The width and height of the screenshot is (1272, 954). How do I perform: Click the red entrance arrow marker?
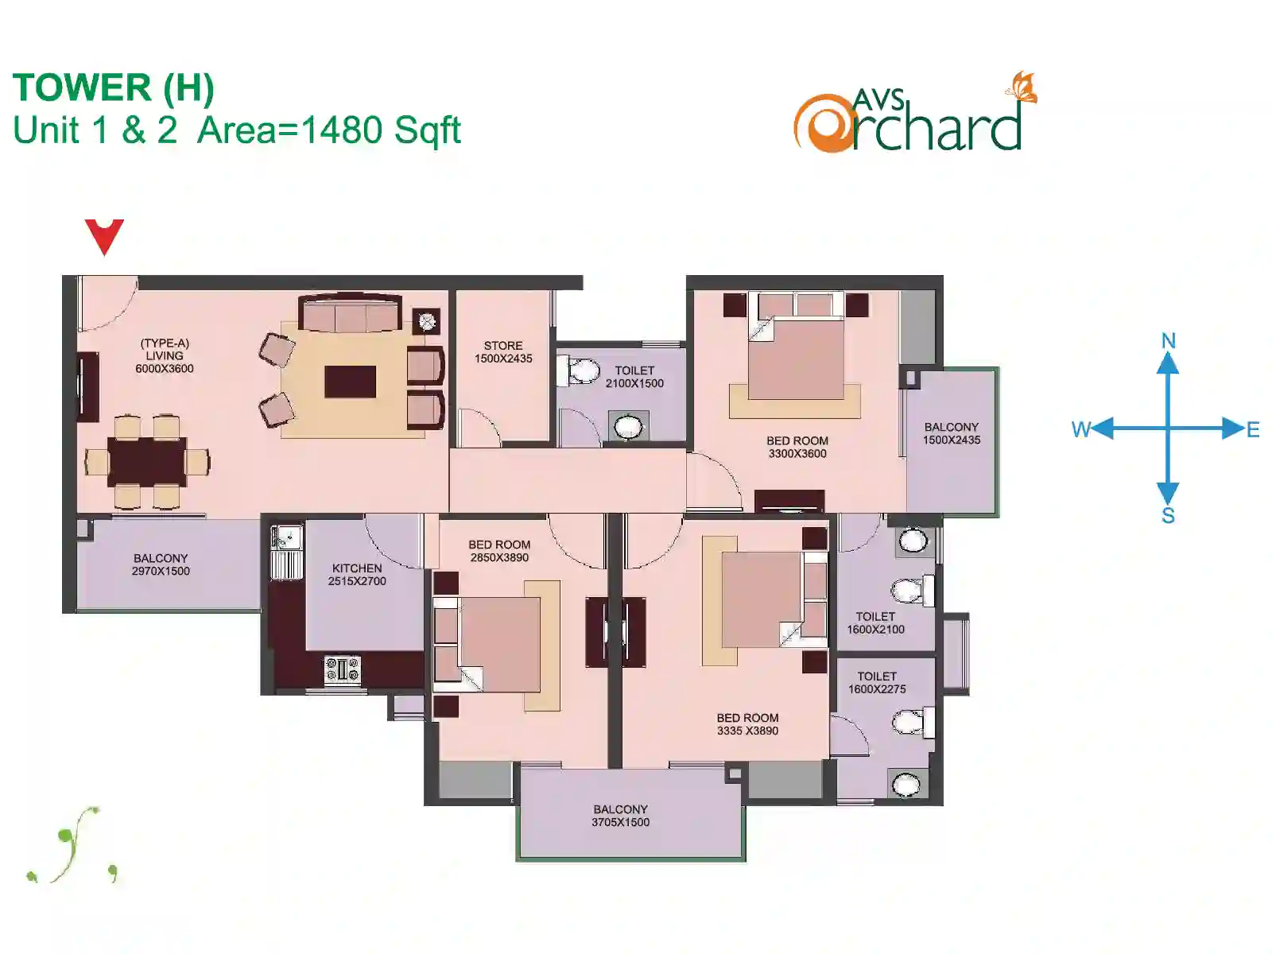pyautogui.click(x=104, y=235)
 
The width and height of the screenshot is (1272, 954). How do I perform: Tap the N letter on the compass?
pyautogui.click(x=1169, y=340)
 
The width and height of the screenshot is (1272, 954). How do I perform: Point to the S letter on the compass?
pyautogui.click(x=1168, y=515)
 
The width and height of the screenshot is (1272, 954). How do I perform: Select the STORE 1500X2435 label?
pyautogui.click(x=503, y=352)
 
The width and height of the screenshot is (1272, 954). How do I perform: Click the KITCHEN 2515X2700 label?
pyautogui.click(x=357, y=575)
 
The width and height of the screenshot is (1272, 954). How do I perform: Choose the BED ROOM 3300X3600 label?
pyautogui.click(x=797, y=447)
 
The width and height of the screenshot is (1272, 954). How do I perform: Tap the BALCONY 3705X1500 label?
pyautogui.click(x=620, y=816)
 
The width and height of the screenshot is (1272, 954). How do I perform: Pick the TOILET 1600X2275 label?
pyautogui.click(x=877, y=682)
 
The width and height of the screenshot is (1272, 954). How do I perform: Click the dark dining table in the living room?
pyautogui.click(x=147, y=462)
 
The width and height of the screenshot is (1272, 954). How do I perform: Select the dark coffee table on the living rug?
pyautogui.click(x=350, y=381)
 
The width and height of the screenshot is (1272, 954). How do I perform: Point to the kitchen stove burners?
pyautogui.click(x=343, y=669)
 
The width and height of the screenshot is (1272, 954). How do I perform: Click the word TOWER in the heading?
pyautogui.click(x=82, y=87)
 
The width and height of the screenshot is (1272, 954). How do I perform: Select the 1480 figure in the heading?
pyautogui.click(x=342, y=129)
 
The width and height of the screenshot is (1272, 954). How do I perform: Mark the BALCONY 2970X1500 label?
pyautogui.click(x=161, y=564)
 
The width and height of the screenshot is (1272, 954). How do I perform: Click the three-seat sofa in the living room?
pyautogui.click(x=350, y=313)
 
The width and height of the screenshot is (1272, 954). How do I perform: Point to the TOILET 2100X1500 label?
pyautogui.click(x=634, y=377)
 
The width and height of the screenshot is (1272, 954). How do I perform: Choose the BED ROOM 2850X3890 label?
pyautogui.click(x=499, y=551)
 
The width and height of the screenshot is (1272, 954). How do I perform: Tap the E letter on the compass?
pyautogui.click(x=1253, y=430)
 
